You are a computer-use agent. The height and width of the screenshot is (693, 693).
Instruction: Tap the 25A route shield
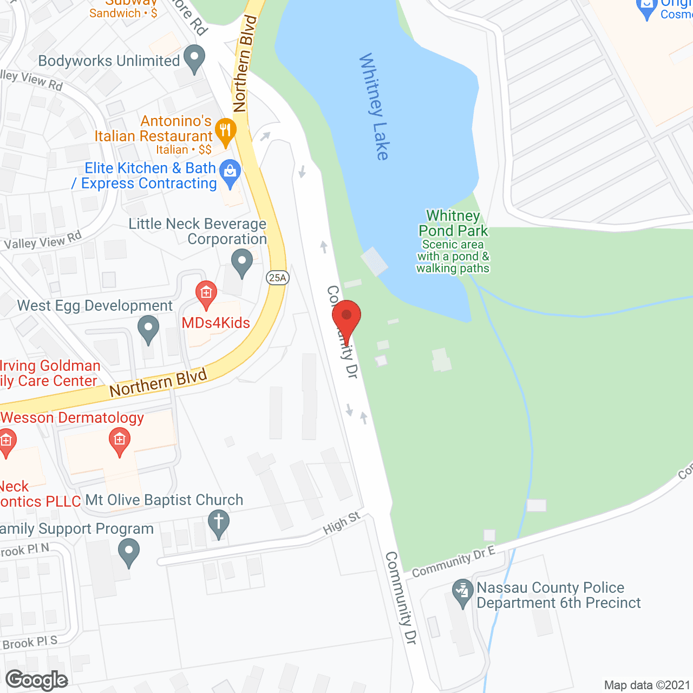tap(277, 278)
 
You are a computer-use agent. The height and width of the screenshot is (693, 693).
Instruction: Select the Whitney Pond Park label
tap(453, 224)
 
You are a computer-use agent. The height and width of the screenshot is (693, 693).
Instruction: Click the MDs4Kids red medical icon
tap(206, 293)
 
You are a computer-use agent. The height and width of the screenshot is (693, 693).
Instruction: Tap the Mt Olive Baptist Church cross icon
tap(218, 522)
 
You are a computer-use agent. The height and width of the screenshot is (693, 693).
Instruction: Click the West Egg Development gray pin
tap(148, 328)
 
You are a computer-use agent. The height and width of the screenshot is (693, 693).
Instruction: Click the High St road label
tap(342, 523)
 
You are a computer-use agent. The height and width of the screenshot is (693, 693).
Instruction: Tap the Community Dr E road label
tap(453, 562)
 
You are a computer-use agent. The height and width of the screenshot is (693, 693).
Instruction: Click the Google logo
tap(37, 680)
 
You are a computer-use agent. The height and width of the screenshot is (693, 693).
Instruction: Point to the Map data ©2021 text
tap(647, 685)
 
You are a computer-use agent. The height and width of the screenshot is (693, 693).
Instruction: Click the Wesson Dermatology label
tap(73, 418)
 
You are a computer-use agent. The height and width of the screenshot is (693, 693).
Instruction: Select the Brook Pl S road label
tap(30, 643)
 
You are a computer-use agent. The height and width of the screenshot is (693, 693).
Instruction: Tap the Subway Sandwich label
tap(123, 9)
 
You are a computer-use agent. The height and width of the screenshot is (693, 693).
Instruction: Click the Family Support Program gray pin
tap(128, 553)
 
